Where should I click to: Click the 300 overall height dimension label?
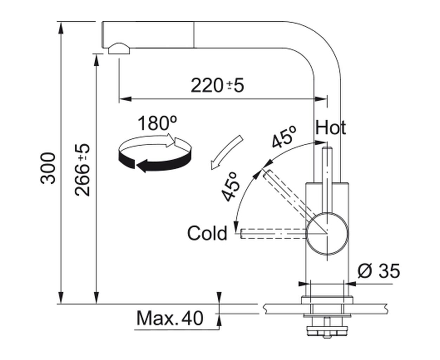pos(48,168)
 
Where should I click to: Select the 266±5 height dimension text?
pos(82,170)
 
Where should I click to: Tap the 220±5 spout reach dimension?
pos(217,85)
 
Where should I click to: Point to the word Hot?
pos(331,127)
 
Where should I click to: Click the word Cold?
pos(207,233)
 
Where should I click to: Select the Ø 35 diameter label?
pos(378,271)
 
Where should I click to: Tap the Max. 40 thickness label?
pos(170,318)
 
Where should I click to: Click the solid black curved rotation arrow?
pos(155,163)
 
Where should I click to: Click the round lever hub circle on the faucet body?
pos(327,233)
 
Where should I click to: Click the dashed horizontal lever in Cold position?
pos(274,233)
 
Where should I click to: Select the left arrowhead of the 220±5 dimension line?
pos(125,99)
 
